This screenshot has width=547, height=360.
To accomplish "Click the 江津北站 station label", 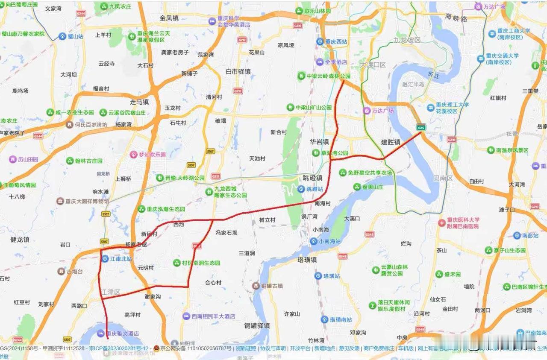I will tap(121, 259).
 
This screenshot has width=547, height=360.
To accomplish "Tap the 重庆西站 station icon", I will tap(320, 41).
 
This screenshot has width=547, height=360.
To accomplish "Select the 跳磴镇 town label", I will tap(312, 178).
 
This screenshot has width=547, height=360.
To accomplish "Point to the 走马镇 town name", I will tap(139, 102).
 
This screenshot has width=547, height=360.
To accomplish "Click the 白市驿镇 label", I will tap(238, 71).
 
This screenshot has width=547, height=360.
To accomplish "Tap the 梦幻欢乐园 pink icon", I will tap(133, 155).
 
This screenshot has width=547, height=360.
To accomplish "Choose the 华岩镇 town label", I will tap(319, 141).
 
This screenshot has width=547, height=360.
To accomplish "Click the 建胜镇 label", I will tap(391, 142).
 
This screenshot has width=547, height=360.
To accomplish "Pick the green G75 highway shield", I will tap(421, 127).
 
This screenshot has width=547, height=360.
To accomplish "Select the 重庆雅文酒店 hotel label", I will tap(123, 334).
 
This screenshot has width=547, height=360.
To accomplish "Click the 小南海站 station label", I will tap(329, 241).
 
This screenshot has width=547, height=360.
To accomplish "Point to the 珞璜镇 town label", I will tap(307, 260).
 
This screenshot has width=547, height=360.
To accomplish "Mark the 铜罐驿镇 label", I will tap(257, 326).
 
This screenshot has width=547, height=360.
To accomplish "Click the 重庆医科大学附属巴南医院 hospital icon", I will tap(442, 223).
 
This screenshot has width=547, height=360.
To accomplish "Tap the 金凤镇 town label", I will tap(169, 18).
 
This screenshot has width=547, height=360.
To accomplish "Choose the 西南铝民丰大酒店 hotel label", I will tap(213, 316).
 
